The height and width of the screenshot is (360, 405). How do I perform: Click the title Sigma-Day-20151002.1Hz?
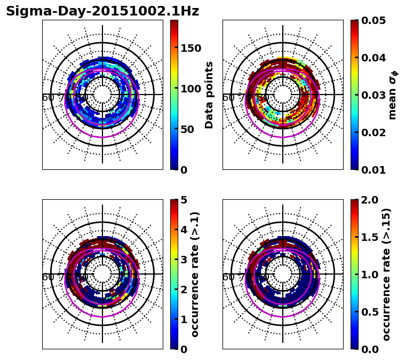[102, 11]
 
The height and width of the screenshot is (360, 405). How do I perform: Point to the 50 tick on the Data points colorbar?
[188, 129]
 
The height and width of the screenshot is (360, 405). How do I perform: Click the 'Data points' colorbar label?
[209, 95]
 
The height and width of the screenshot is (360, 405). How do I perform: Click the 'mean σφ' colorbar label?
[393, 95]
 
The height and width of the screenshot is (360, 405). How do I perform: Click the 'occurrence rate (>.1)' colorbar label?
[195, 275]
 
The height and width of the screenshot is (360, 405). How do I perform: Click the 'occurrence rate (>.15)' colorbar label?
[387, 275]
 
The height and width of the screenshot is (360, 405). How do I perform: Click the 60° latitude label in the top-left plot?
[49, 98]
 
